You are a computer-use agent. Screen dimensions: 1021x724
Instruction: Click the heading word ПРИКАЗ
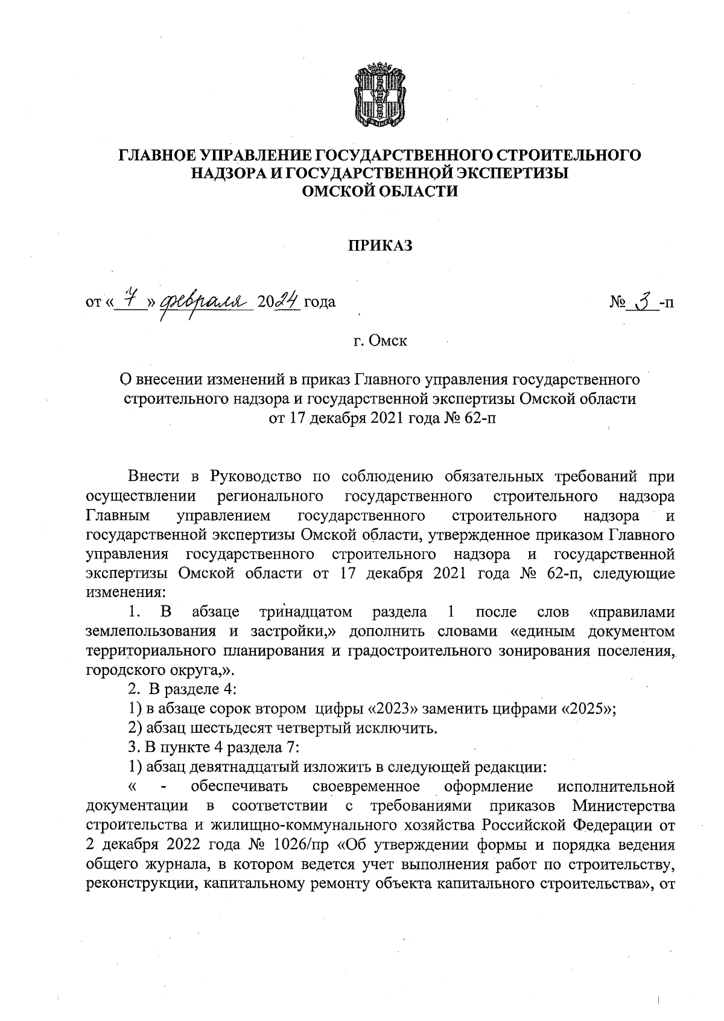click(379, 246)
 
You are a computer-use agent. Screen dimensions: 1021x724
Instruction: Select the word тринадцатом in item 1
click(305, 613)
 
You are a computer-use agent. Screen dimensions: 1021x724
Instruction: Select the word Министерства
click(623, 806)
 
